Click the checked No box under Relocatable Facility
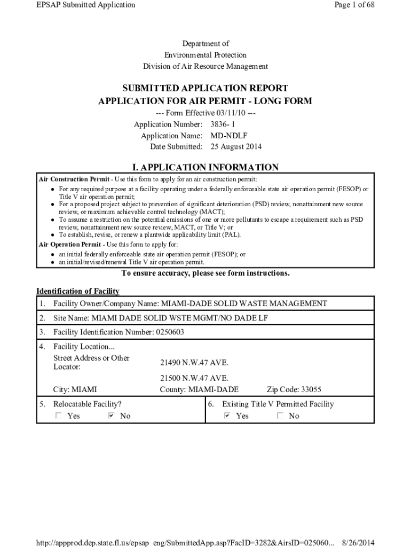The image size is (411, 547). (111, 416)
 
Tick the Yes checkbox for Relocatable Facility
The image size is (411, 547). (58, 416)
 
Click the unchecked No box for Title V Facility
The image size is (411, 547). (280, 416)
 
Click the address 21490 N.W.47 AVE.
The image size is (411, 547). (194, 363)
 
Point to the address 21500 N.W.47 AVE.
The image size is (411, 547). (194, 378)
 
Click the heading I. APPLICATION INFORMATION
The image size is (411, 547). (205, 167)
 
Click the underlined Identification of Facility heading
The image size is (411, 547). (78, 291)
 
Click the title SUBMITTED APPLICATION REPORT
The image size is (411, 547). (205, 88)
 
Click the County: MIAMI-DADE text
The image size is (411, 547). (199, 389)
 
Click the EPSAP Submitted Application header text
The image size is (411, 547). (85, 5)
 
